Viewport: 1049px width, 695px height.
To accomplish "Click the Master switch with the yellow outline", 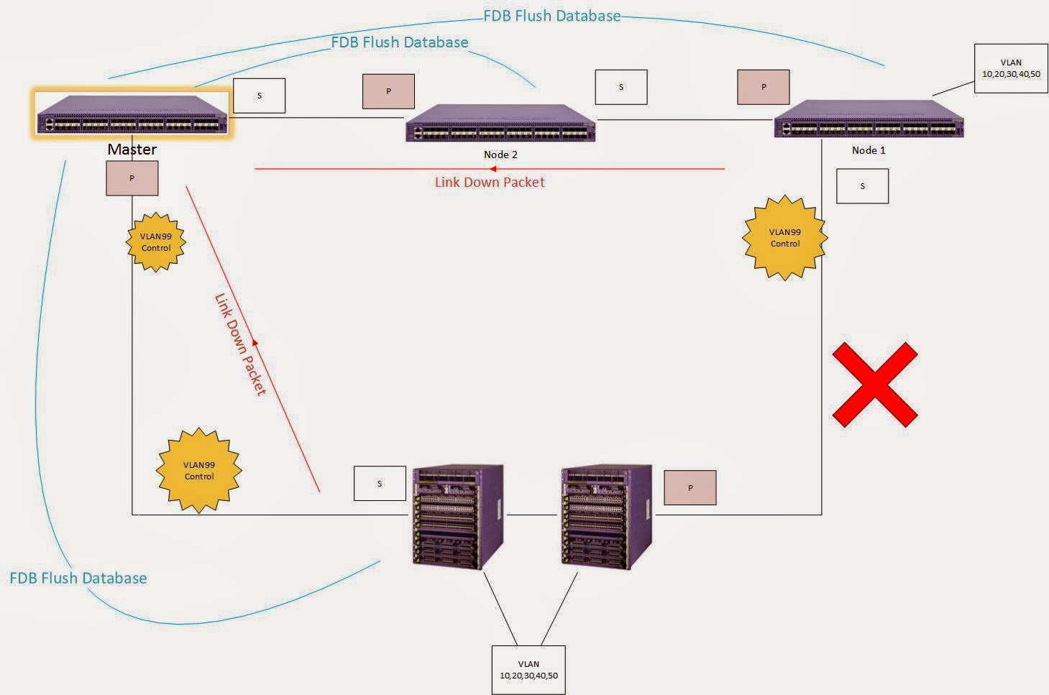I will point(132,113).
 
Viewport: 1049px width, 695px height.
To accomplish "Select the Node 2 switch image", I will point(500,122).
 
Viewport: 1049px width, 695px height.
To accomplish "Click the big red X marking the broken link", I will point(874,385).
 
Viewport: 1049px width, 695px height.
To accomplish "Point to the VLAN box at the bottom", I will point(528,670).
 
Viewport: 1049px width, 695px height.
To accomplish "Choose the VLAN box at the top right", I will point(1011,68).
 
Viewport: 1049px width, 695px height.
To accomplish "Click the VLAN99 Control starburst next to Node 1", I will point(784,238).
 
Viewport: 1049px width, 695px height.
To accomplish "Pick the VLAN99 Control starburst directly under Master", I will point(156,242).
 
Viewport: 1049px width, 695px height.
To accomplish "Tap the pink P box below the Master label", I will point(132,178).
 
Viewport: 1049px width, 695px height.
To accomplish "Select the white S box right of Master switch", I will point(260,96).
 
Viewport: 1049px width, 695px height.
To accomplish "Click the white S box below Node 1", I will point(862,186).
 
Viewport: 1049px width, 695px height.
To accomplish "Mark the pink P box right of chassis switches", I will point(690,488).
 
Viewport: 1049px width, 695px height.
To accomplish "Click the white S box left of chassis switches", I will point(380,484).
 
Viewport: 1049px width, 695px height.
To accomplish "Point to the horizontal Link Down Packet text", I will point(490,183).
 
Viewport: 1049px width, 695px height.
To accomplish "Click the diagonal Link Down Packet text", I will point(240,344).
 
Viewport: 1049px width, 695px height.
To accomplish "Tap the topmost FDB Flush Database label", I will point(551,16).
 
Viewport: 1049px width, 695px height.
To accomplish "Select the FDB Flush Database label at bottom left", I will point(78,578).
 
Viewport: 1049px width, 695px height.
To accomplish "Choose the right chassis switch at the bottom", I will point(606,516).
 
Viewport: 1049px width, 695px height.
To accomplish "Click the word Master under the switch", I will point(132,149).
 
